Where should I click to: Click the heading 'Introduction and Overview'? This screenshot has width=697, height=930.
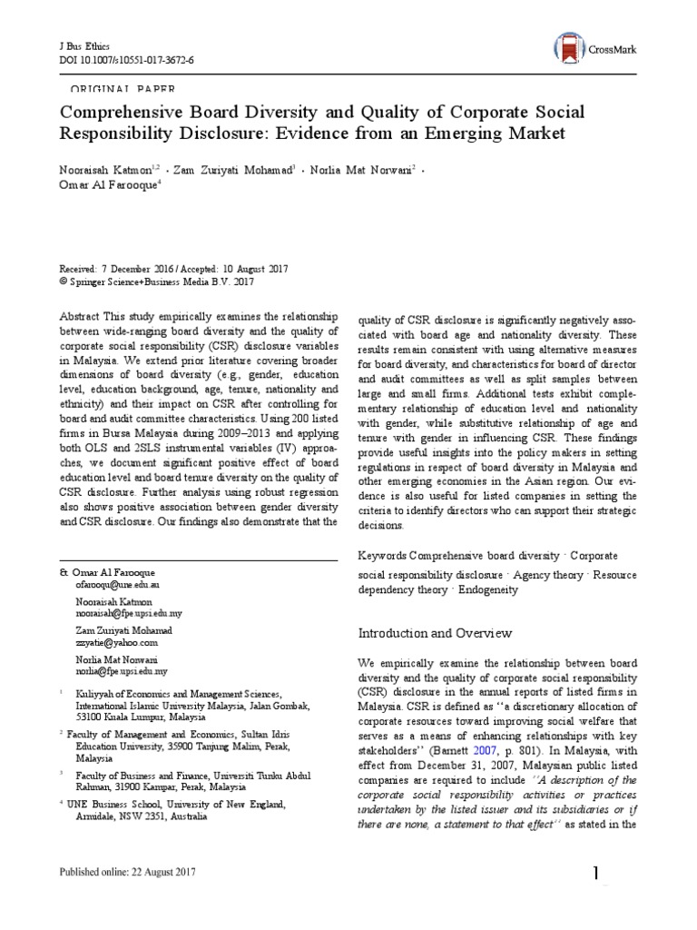pyautogui.click(x=435, y=632)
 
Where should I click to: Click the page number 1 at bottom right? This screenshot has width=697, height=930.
pyautogui.click(x=596, y=875)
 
